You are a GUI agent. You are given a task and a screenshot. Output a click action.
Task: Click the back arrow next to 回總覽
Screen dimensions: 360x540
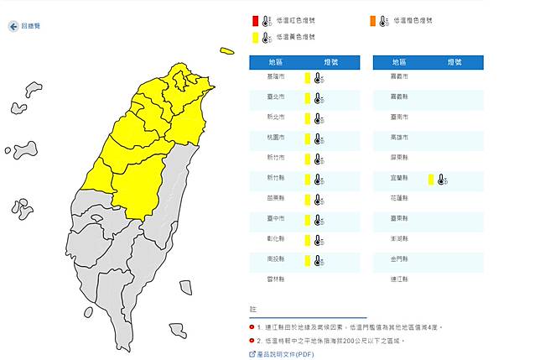[13, 27]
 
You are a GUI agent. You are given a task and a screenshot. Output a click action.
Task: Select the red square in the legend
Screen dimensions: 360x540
[255, 20]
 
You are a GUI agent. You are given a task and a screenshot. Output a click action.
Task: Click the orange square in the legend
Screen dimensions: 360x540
[371, 20]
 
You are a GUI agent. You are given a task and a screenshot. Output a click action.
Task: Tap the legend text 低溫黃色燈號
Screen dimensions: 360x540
[296, 37]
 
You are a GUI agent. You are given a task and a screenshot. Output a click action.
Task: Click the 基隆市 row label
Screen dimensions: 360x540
[276, 77]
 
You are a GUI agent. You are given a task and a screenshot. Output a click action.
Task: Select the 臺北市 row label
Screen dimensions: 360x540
[276, 97]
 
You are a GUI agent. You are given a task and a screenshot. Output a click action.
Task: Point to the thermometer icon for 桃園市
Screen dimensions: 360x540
[319, 138]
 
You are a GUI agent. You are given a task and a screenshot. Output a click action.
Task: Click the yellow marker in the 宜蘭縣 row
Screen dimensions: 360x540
[430, 179]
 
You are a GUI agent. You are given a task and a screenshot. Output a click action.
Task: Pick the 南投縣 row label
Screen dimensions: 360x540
[276, 260]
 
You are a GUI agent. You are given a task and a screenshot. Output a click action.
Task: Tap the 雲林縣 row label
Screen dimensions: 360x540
[276, 280]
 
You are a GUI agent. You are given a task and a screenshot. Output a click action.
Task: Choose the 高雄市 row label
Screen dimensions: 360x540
[400, 138]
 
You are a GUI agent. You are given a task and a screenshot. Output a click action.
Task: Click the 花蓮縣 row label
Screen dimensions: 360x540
[400, 199]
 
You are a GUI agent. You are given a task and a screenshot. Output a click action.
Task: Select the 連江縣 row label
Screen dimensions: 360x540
[400, 280]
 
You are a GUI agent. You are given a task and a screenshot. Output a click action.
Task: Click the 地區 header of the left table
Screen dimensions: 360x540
[276, 62]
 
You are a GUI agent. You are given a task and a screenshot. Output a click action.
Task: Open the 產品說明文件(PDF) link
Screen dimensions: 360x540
[285, 354]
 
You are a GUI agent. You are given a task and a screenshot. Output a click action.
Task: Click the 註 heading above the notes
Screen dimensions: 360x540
[252, 309]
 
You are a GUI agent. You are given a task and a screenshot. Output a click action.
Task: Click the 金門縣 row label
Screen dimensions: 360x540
[400, 260]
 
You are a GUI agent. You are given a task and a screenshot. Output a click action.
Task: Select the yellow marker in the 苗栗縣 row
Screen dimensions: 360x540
[308, 199]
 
